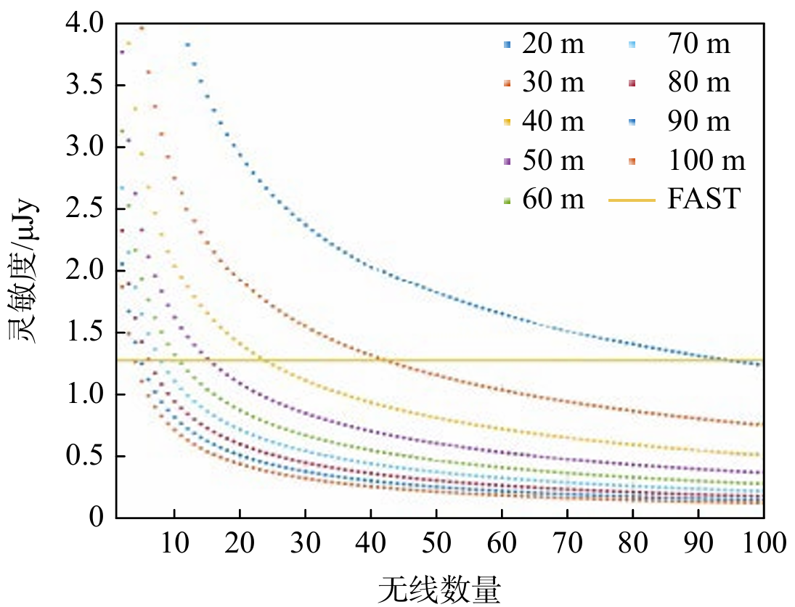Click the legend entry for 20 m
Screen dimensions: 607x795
coord(543,45)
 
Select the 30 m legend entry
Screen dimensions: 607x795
coord(543,83)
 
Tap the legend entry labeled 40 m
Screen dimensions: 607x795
coord(543,122)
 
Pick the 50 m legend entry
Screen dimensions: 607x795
coord(543,160)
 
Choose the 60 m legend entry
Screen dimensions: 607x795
coord(543,199)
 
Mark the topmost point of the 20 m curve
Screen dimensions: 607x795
coord(187,45)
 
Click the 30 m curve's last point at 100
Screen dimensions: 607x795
coord(759,425)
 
